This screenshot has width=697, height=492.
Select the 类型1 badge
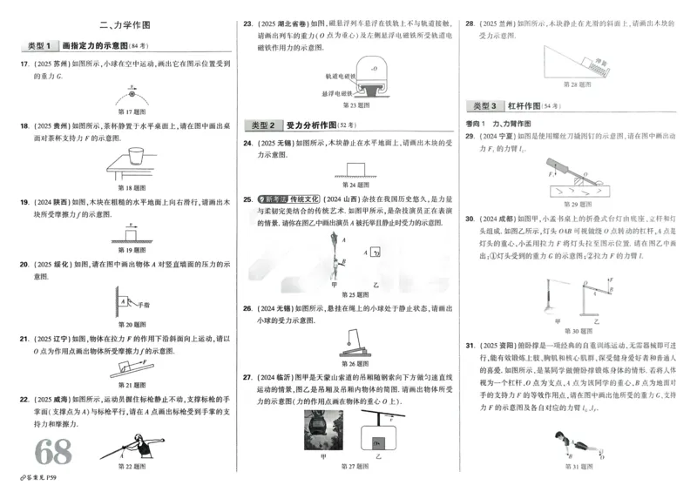pos(40,45)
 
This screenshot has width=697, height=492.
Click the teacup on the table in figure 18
pos(134,158)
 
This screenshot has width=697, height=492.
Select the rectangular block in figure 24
pos(354,167)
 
